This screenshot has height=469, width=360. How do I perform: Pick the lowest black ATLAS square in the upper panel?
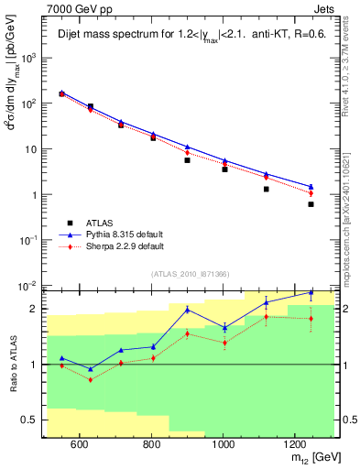click(311, 204)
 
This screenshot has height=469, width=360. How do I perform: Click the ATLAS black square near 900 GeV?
click(188, 160)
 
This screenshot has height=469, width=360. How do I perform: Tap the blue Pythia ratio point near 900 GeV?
click(188, 310)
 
